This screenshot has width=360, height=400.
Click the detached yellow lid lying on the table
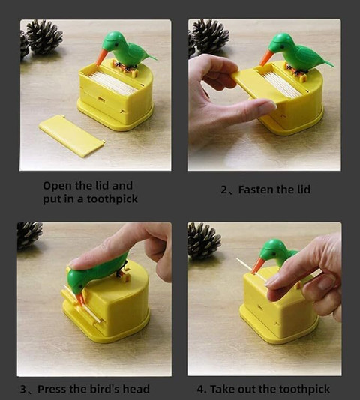72,136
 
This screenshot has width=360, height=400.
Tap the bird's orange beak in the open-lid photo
101,57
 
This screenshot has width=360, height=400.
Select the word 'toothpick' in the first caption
112,199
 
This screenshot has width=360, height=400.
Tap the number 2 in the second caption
224,190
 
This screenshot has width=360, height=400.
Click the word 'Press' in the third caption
52,389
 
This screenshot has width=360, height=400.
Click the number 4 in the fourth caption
201,390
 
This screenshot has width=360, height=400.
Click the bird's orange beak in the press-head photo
80,299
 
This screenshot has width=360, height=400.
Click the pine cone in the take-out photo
204,240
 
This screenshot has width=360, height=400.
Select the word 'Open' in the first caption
56,186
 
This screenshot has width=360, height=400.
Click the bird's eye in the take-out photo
274,254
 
